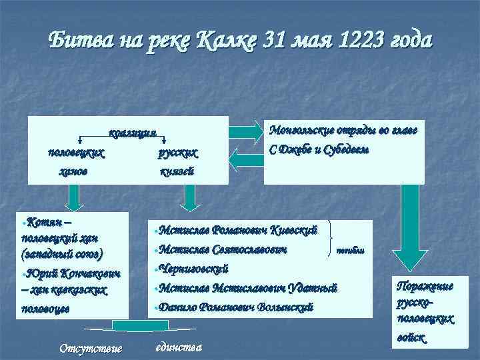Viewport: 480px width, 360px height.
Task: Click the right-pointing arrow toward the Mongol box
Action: click(x=246, y=126)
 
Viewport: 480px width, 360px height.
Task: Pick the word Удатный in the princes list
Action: click(x=315, y=288)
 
